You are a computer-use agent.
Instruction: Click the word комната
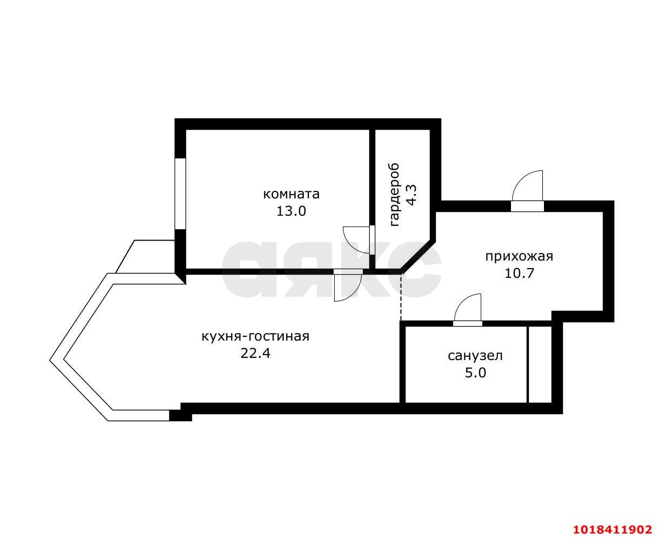point(291,195)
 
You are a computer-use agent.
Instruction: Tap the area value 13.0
point(291,211)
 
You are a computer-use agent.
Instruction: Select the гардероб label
point(394,195)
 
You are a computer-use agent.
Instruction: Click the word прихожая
point(519,256)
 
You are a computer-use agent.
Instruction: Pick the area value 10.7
point(519,273)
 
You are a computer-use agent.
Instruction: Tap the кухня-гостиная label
point(255,336)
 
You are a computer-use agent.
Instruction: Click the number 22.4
point(255,354)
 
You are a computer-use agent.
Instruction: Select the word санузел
point(475,356)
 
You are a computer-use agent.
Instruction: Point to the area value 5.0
point(475,372)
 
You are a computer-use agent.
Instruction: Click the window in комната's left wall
point(180,194)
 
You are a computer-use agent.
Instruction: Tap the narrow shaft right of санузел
point(539,364)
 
